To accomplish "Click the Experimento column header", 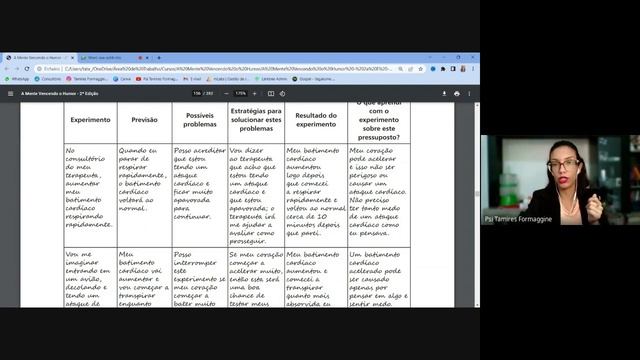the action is pyautogui.click(x=90, y=120).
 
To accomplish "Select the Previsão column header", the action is pyautogui.click(x=144, y=120).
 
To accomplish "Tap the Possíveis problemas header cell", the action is pyautogui.click(x=200, y=120).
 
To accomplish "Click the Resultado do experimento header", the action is pyautogui.click(x=316, y=120).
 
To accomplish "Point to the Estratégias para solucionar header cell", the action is pyautogui.click(x=256, y=120).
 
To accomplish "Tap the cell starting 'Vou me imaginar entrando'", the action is pyautogui.click(x=90, y=278).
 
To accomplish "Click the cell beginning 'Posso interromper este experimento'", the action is pyautogui.click(x=200, y=278).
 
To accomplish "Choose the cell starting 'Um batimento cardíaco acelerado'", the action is pyautogui.click(x=378, y=278).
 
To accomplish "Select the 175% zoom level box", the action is pyautogui.click(x=241, y=93).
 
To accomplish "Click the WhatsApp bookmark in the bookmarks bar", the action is pyautogui.click(x=18, y=78).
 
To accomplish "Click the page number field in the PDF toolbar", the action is pyautogui.click(x=198, y=93).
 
